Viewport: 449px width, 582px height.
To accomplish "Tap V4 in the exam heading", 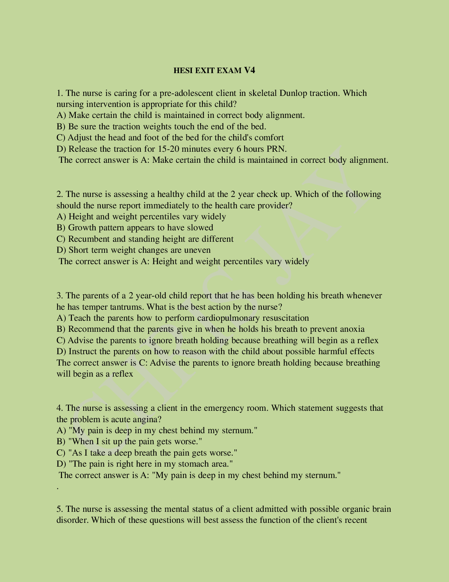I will [x=249, y=70].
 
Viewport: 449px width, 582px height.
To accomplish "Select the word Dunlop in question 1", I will [x=293, y=93].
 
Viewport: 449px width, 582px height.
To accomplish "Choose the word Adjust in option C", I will [x=80, y=138].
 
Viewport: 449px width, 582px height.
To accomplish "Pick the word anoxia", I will [x=352, y=329].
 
